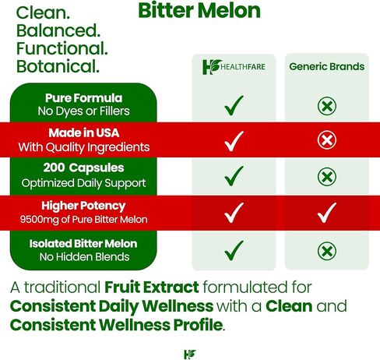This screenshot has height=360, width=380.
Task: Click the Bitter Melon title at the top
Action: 199,10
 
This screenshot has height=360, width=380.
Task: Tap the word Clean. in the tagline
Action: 43,12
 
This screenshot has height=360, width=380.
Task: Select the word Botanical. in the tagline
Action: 58,66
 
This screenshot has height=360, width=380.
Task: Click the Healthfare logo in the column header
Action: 234,67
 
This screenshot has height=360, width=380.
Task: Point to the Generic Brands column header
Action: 327,66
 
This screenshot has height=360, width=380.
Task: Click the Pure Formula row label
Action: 83,98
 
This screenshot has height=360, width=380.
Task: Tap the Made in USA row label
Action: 84,132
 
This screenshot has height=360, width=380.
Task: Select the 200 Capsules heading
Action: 83,168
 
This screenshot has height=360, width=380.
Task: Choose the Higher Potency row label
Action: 83,206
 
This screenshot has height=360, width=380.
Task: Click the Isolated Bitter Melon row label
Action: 83,244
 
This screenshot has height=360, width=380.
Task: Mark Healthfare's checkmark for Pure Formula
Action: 234,105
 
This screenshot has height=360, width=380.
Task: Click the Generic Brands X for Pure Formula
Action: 327,106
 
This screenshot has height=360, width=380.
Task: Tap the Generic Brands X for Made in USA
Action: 327,140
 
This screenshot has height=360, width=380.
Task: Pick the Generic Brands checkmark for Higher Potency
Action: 327,213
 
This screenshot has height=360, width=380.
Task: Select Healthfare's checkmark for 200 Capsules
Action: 234,176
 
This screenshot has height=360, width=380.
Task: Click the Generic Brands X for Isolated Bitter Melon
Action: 327,251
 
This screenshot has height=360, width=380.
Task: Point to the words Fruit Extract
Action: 152,288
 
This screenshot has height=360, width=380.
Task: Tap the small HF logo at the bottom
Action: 190,355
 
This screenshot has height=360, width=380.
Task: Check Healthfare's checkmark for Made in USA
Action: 234,141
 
